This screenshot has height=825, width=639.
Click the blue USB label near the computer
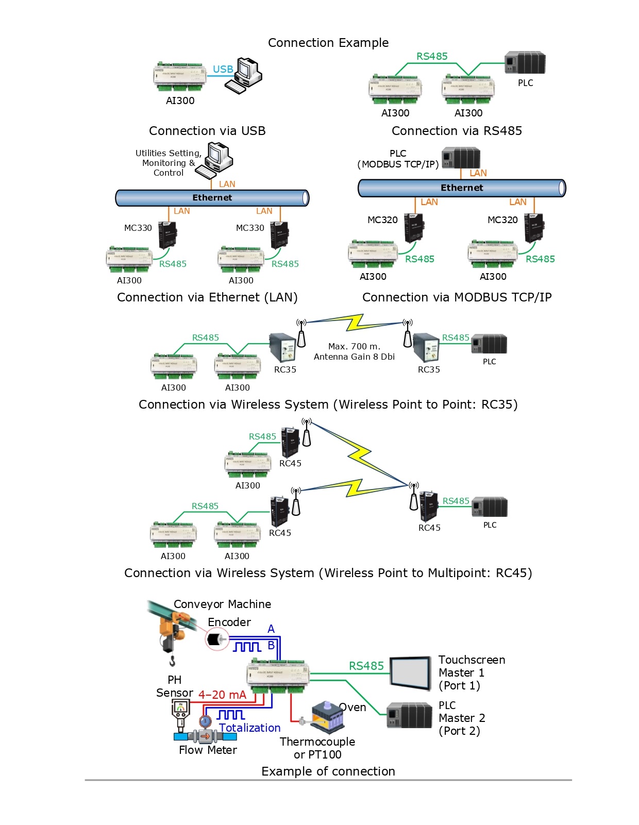(x=223, y=69)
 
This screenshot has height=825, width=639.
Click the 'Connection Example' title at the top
(x=328, y=43)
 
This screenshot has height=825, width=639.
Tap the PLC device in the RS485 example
(x=525, y=62)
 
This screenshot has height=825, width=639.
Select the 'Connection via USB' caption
(x=207, y=131)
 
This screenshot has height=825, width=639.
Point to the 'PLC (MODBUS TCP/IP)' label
(x=398, y=159)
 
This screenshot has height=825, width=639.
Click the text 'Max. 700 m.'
(x=354, y=346)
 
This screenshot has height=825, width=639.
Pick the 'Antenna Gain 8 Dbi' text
(x=354, y=357)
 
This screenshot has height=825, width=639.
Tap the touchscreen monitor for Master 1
(x=410, y=672)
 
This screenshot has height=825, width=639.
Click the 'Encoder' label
(x=229, y=622)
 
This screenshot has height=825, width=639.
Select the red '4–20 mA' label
(x=222, y=695)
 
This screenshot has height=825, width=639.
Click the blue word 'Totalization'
(x=250, y=728)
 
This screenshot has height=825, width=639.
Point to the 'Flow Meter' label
(x=208, y=750)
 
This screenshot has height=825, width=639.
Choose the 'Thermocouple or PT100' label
(x=317, y=748)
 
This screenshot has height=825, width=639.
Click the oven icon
(x=328, y=717)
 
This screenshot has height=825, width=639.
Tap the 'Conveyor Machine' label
(x=222, y=604)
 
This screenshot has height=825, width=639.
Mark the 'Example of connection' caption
(x=328, y=771)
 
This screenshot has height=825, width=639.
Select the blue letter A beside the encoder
(x=271, y=629)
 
